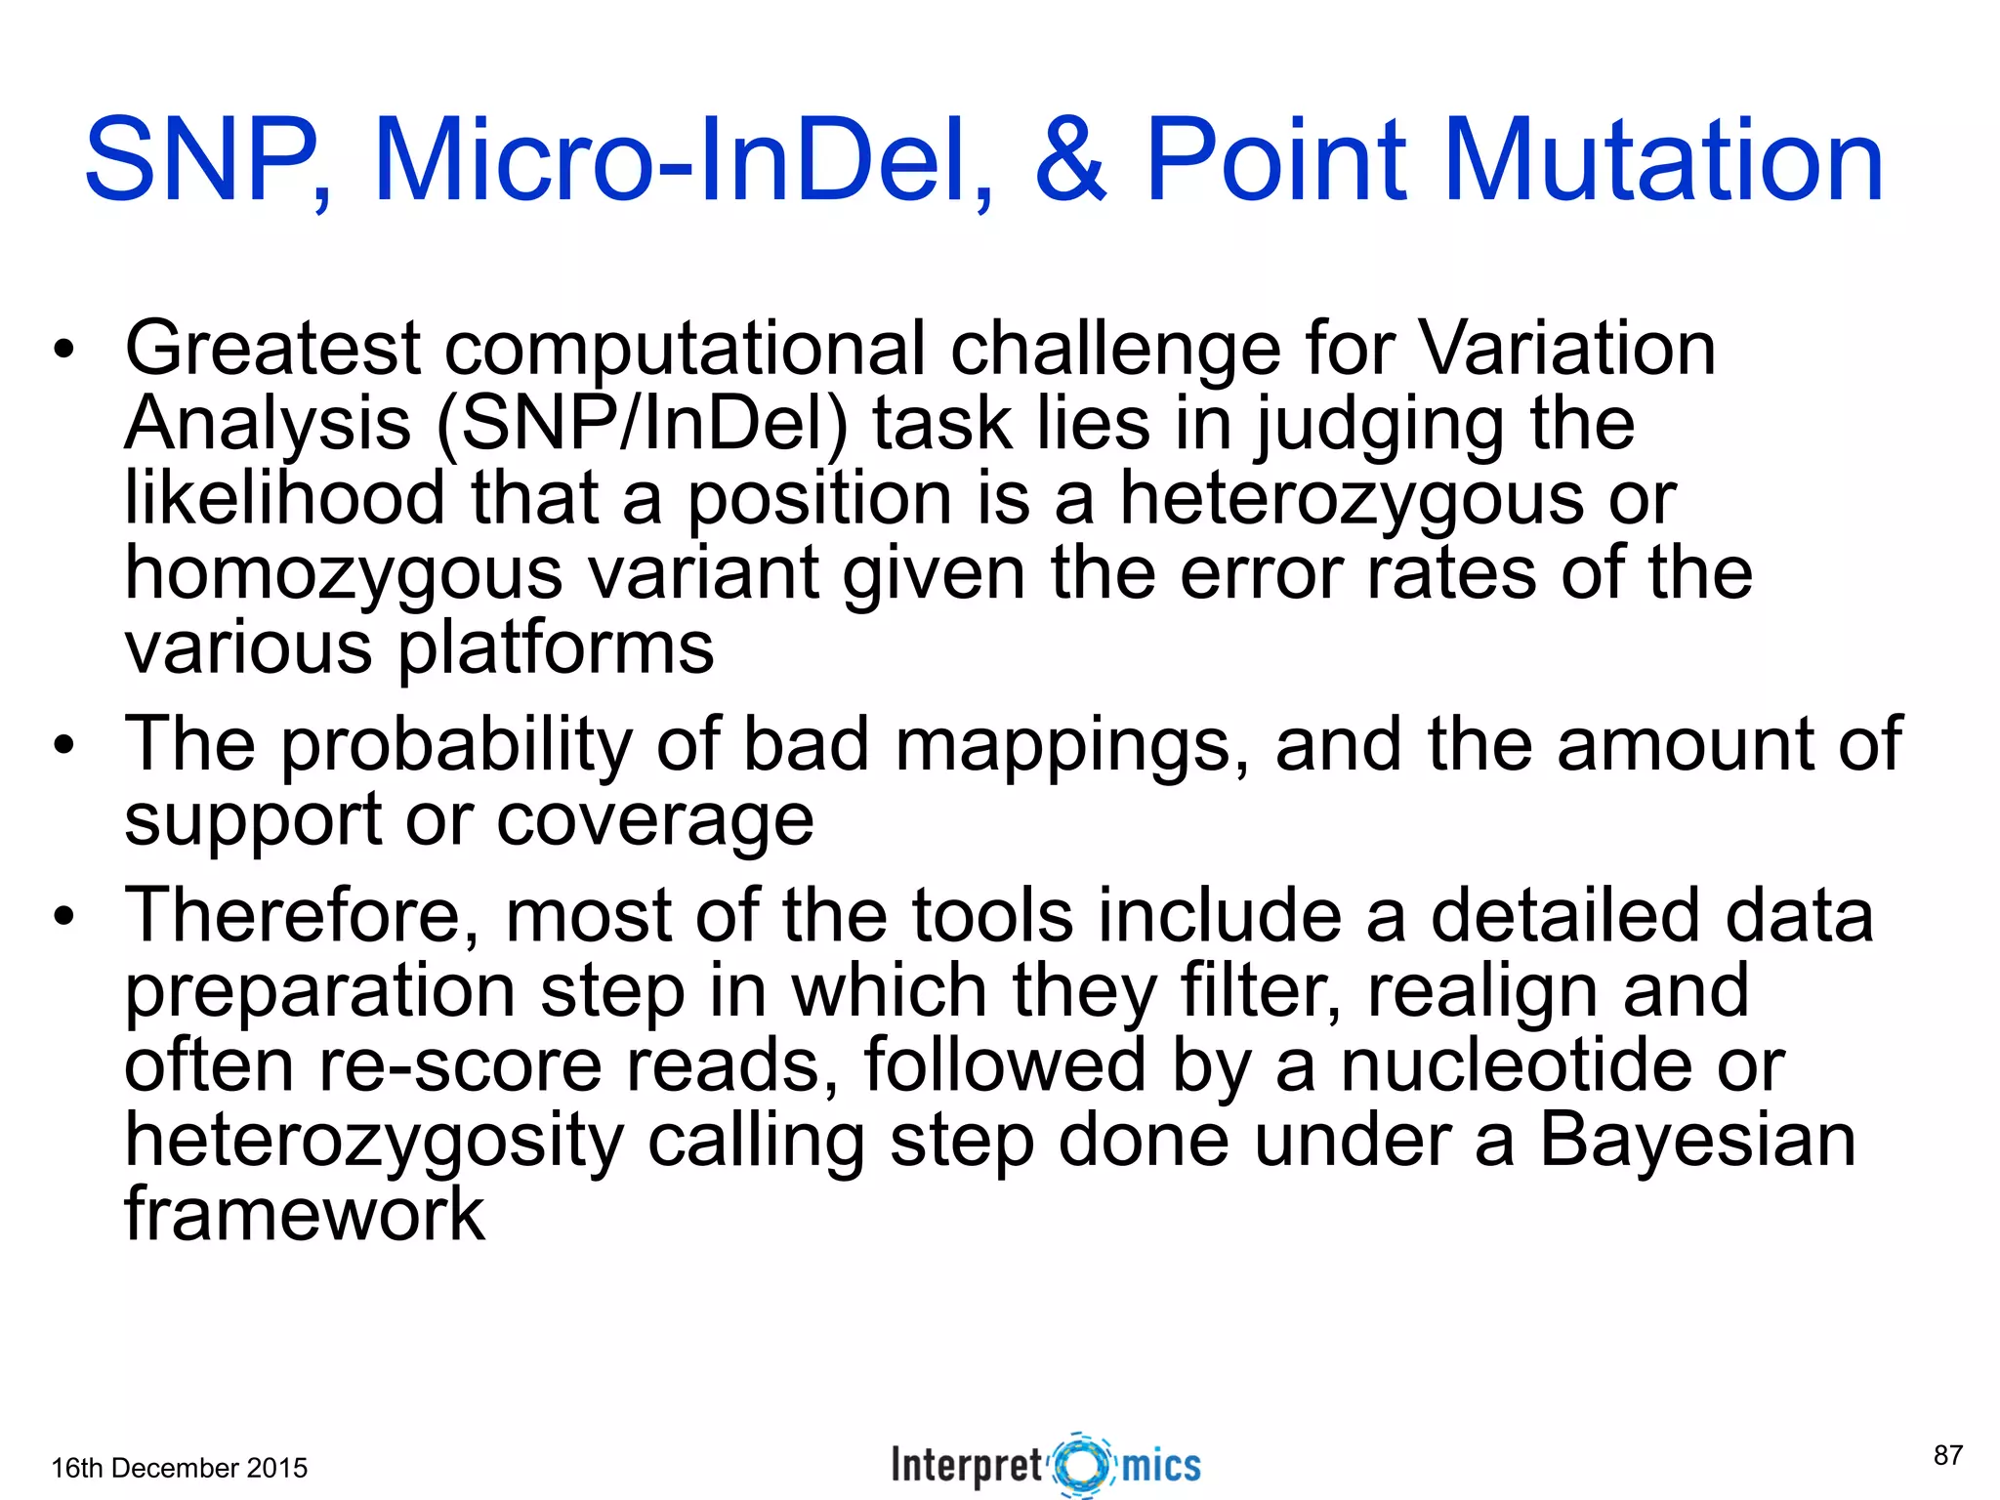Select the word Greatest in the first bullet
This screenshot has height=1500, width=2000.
(272, 349)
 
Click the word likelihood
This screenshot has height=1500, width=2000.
(284, 498)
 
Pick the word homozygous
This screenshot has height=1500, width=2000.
(343, 574)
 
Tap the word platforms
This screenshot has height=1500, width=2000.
(556, 649)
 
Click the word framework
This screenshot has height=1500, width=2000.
(305, 1215)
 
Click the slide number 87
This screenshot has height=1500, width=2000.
(1947, 1455)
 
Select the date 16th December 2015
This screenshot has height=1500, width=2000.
(179, 1468)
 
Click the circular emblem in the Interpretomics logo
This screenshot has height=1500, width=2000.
(1082, 1465)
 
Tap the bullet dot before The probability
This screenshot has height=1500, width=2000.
(64, 747)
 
